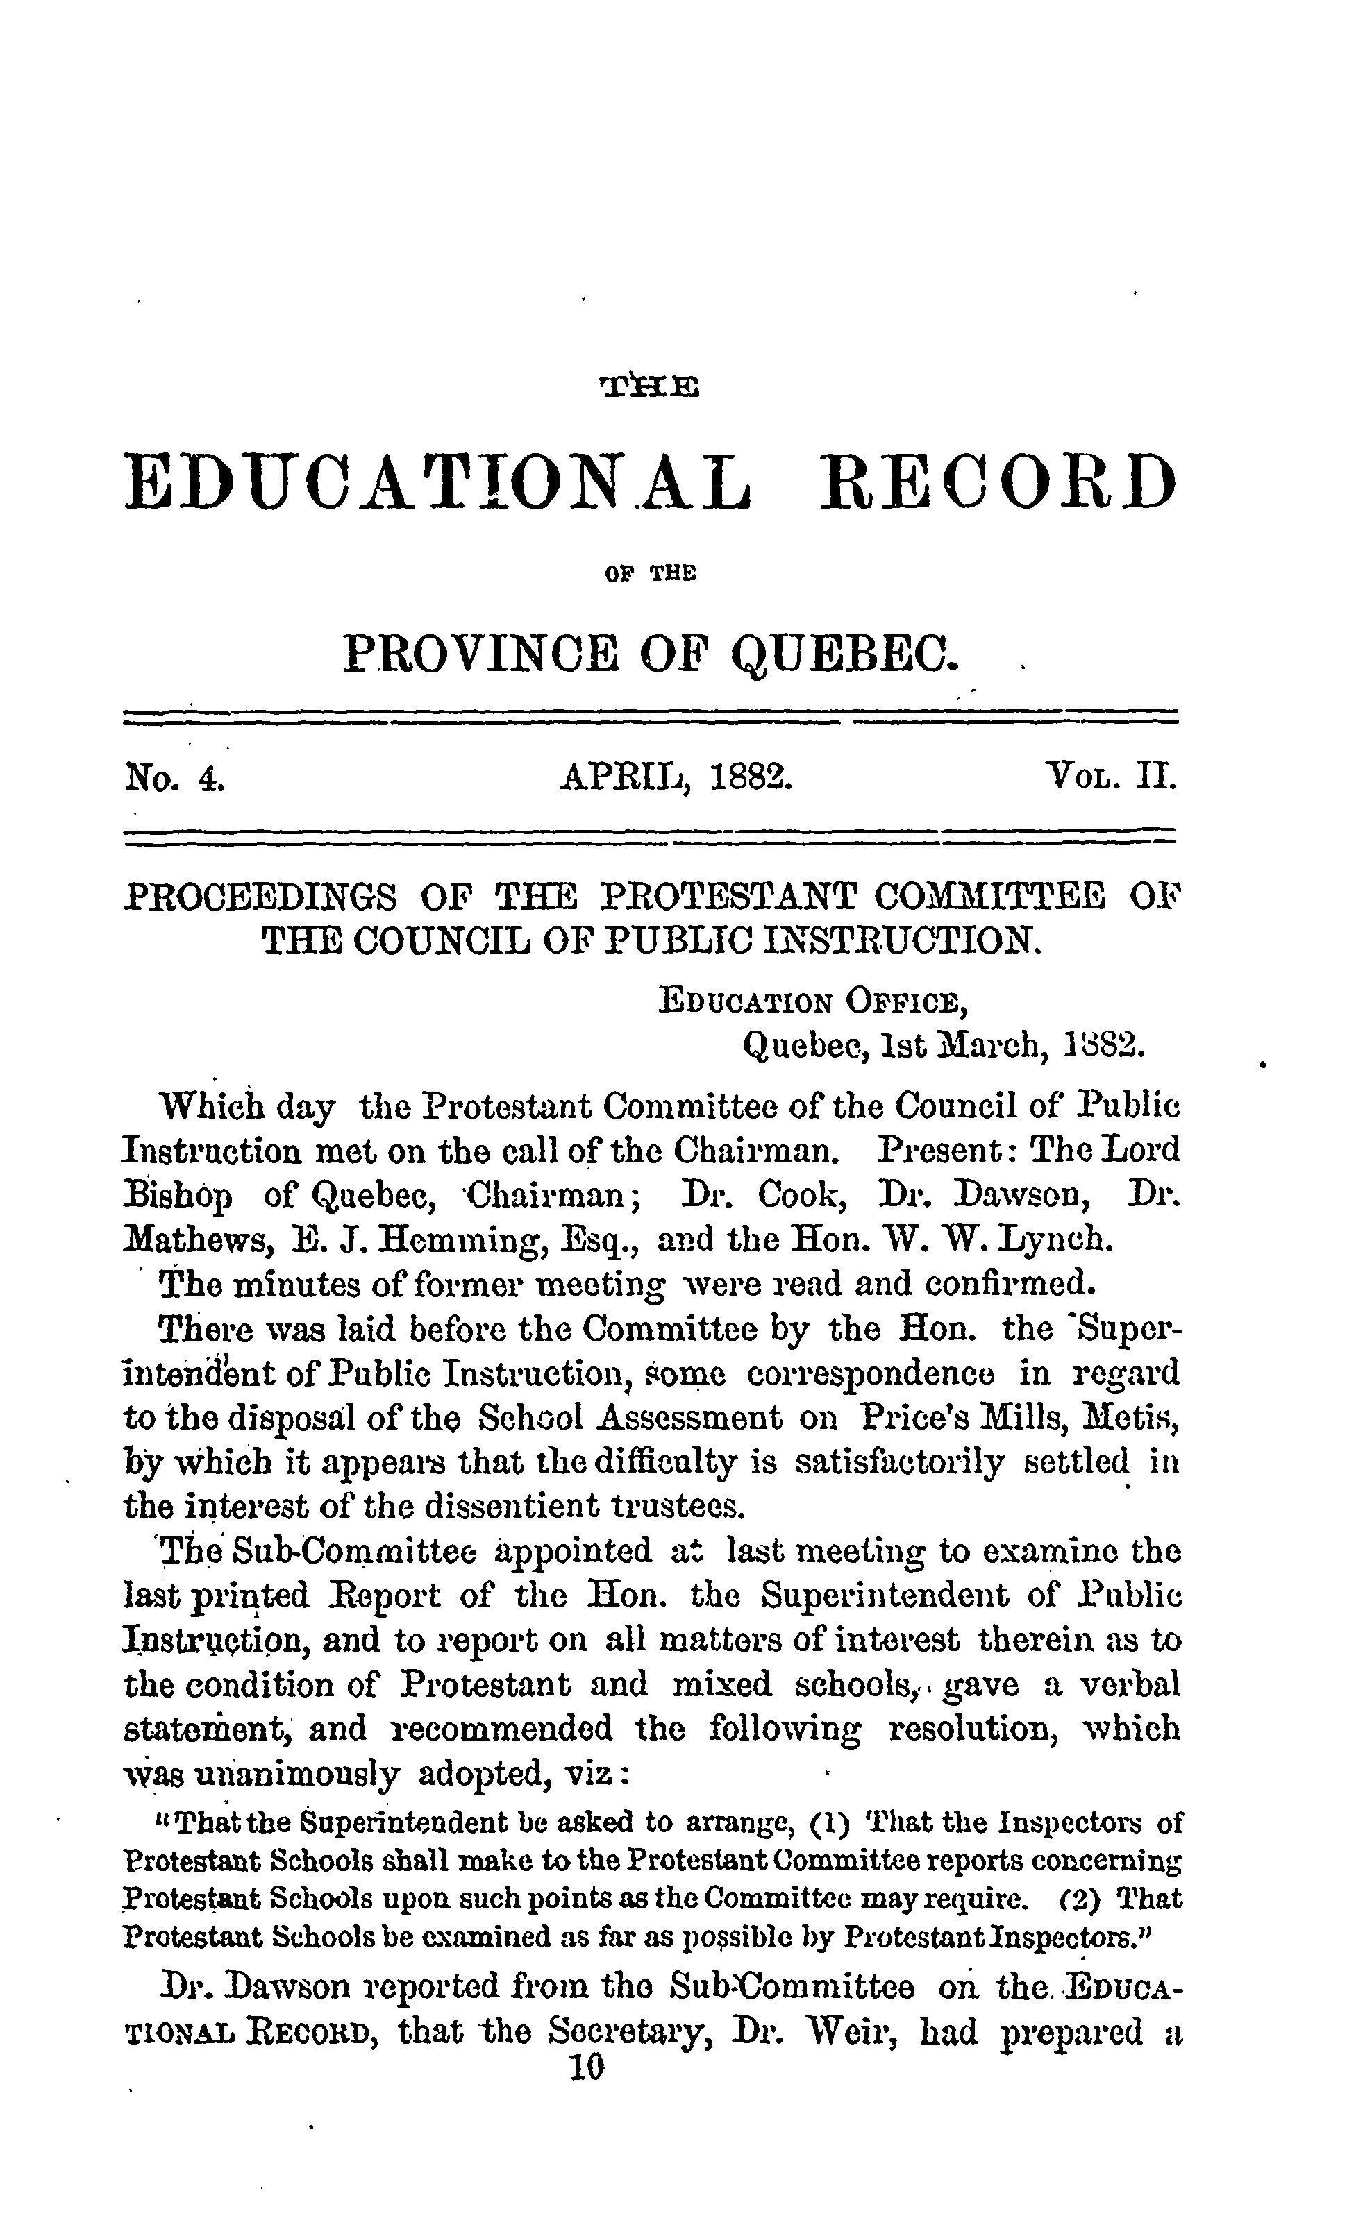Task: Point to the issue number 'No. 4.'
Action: [173, 775]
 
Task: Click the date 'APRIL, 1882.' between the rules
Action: [676, 775]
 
